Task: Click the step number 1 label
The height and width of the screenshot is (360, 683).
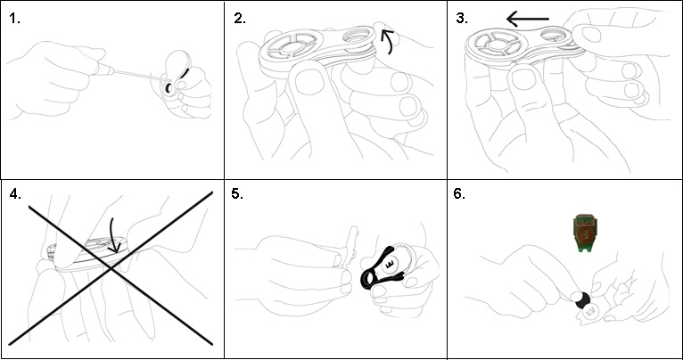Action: (x=14, y=19)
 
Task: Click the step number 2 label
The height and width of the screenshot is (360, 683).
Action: (x=240, y=19)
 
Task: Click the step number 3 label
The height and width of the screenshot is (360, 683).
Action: (x=462, y=19)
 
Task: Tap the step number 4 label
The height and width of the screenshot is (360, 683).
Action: (x=15, y=194)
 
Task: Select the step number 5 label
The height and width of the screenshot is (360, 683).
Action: (x=237, y=194)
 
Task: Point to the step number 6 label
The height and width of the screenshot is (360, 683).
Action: (x=459, y=194)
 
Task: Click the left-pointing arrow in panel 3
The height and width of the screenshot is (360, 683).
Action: (x=528, y=19)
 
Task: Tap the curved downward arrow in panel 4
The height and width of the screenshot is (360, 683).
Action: (x=112, y=235)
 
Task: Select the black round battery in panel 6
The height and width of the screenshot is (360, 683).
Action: (x=582, y=301)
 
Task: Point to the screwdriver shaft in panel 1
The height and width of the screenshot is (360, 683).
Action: (x=139, y=74)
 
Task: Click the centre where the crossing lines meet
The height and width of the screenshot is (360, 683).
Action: (x=112, y=268)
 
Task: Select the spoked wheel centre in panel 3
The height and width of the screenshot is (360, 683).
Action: (x=495, y=44)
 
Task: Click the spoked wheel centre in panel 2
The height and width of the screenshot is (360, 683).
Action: (x=290, y=46)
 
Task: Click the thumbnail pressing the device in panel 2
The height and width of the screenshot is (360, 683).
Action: (x=309, y=81)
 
